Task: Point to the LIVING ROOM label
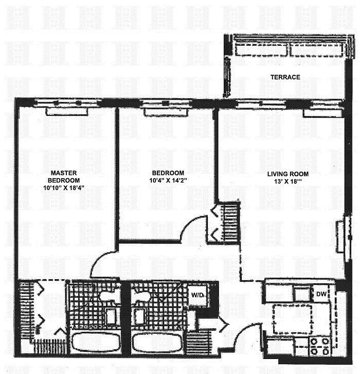(288, 174)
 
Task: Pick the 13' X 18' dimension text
(288, 182)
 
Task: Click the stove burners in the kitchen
(319, 345)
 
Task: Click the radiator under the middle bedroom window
(166, 112)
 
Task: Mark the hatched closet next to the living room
(229, 222)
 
